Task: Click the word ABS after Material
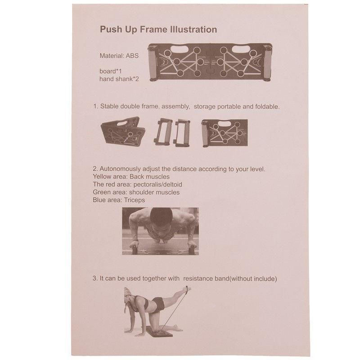tap(132, 55)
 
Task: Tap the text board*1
tap(111, 71)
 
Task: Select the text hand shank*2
tap(119, 79)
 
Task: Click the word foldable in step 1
tap(267, 107)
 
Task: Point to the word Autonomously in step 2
tap(120, 169)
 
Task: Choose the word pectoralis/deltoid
tap(158, 184)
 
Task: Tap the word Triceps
tap(134, 200)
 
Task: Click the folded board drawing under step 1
tap(123, 131)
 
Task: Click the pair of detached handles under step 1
tap(172, 132)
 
